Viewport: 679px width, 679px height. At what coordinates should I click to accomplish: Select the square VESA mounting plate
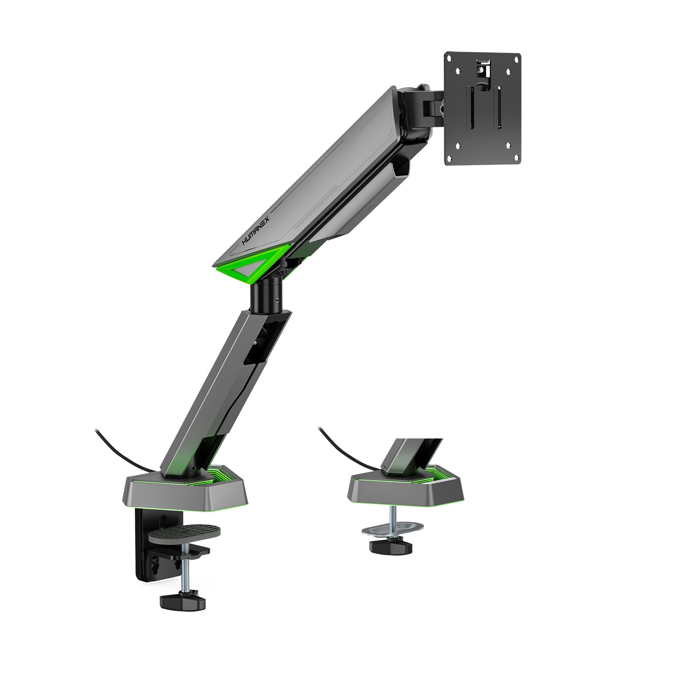click(483, 109)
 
